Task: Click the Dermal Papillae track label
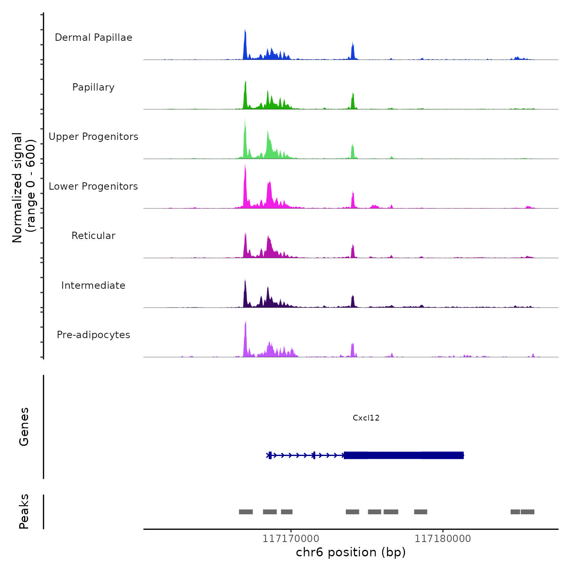pos(93,38)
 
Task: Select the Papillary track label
pos(93,87)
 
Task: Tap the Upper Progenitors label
pos(93,137)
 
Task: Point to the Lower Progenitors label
pos(93,186)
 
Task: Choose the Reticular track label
pos(93,236)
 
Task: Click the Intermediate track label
pos(93,285)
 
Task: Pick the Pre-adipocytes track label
pos(93,335)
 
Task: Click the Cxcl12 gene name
pos(366,418)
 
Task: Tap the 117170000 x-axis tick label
pos(290,539)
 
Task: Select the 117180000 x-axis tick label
pos(443,539)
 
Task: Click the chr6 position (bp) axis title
pos(351,553)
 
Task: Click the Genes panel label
pos(24,427)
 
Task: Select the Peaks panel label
pos(24,511)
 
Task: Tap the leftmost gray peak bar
pos(246,512)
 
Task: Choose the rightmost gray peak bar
pos(527,512)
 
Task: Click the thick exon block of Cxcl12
pos(404,455)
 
